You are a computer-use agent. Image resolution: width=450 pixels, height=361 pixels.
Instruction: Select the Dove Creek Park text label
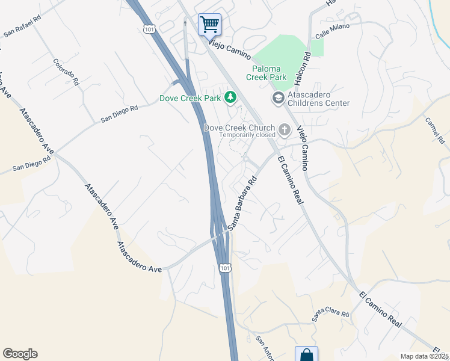point(190,98)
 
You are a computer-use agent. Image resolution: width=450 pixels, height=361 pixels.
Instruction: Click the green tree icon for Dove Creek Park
point(229,97)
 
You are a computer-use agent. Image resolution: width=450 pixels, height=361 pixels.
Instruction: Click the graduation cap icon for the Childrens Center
point(278,97)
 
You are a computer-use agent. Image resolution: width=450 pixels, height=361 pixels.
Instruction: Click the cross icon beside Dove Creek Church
point(284,129)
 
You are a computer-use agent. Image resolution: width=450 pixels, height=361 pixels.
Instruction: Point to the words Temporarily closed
point(247,135)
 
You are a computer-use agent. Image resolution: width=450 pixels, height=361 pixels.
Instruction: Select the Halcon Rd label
point(306,64)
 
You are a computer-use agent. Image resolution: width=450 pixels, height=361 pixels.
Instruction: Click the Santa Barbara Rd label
point(242,203)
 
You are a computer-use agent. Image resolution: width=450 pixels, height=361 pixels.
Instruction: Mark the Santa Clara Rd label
point(330,315)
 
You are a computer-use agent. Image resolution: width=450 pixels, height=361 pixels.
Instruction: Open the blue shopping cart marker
point(209,25)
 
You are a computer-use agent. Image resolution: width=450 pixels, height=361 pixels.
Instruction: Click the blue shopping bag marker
point(306,354)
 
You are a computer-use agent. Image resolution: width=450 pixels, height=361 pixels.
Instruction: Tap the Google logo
point(20,354)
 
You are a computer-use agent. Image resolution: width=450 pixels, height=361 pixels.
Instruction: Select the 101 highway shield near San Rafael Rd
point(149,28)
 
